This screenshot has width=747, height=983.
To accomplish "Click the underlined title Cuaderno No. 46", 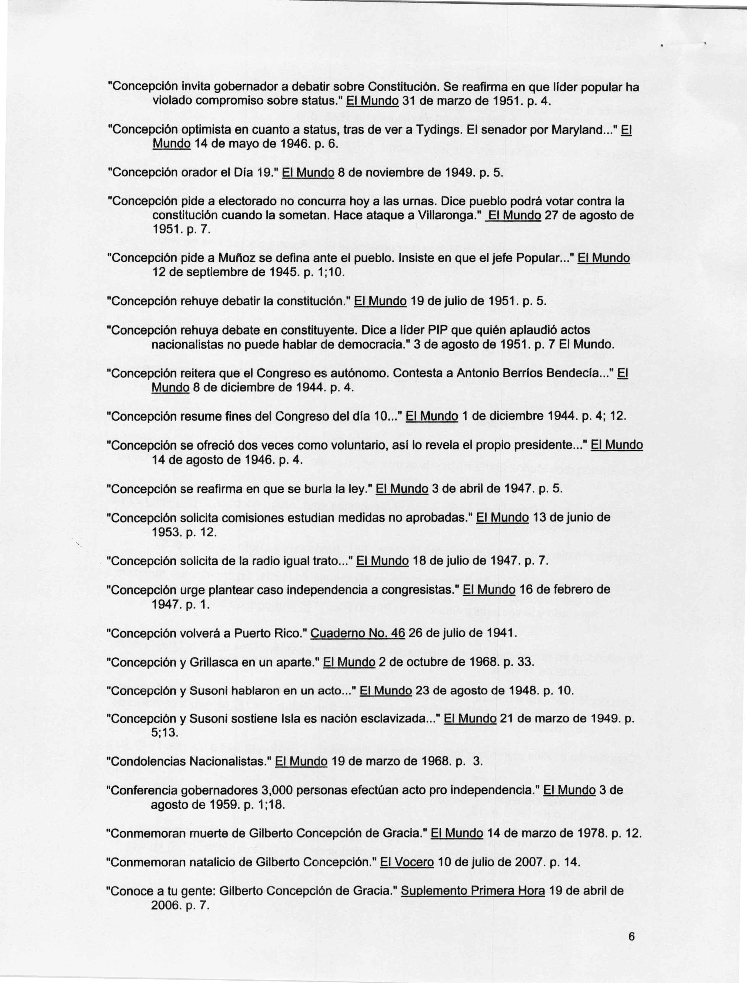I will click(358, 633).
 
